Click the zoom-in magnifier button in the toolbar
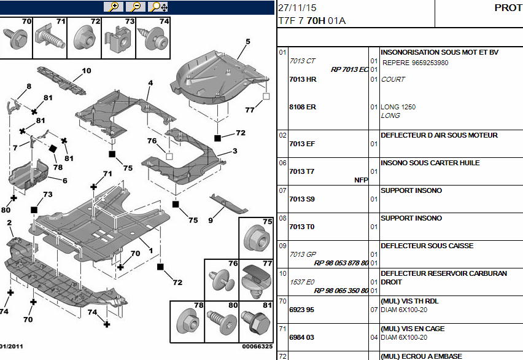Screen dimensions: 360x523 pyautogui.click(x=114, y=7)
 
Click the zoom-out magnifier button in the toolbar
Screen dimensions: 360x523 pyautogui.click(x=136, y=7)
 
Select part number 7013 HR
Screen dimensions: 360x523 pyautogui.click(x=302, y=79)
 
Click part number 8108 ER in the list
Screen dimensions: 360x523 pyautogui.click(x=302, y=107)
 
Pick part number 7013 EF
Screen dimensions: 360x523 pyautogui.click(x=301, y=144)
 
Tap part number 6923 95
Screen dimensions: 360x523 pyautogui.click(x=301, y=310)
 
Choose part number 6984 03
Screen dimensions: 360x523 pyautogui.click(x=301, y=337)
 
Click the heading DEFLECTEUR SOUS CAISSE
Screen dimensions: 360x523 pyautogui.click(x=427, y=246)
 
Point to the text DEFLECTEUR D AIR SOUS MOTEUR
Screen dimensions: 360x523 pyautogui.click(x=439, y=135)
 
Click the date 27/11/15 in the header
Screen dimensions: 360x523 pyautogui.click(x=298, y=9)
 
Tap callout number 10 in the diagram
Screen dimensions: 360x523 pyautogui.click(x=86, y=71)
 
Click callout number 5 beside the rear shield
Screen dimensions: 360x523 pyautogui.click(x=248, y=42)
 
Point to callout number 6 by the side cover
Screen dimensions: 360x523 pyautogui.click(x=64, y=181)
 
